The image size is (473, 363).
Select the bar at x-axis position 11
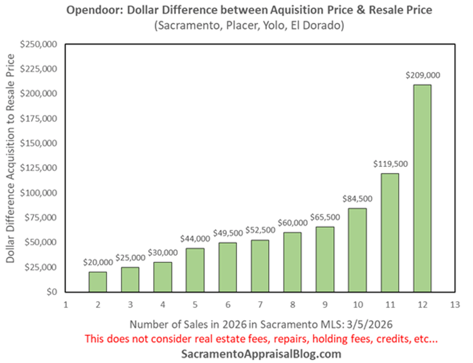[390, 232]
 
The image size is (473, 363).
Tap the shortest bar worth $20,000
[97, 282]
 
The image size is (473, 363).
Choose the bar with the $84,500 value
[358, 250]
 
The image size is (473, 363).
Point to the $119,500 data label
[390, 164]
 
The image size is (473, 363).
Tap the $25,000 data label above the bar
[130, 258]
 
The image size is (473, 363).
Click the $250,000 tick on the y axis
[40, 44]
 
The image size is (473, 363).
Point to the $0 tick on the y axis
[51, 292]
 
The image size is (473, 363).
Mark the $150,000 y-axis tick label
[40, 143]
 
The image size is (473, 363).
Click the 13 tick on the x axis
[454, 304]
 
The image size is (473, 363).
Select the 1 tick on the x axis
[65, 304]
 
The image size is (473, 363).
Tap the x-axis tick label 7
[260, 304]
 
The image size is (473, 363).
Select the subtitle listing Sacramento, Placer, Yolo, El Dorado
[249, 26]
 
